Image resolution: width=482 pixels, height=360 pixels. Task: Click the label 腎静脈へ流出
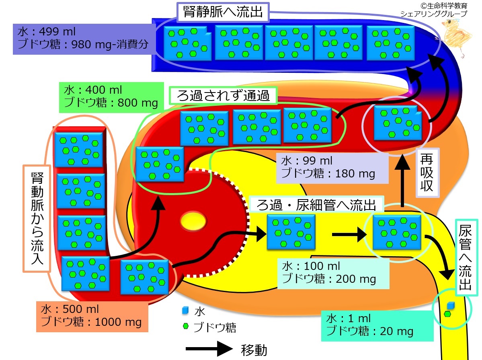click(223, 12)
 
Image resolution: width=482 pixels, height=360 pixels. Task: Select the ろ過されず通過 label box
click(223, 95)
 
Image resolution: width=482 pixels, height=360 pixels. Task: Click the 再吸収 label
click(428, 173)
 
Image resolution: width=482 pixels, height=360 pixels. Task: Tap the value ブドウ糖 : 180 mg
click(328, 173)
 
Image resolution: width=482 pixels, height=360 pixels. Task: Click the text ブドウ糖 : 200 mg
click(329, 278)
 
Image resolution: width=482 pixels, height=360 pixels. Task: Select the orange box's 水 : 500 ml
click(70, 310)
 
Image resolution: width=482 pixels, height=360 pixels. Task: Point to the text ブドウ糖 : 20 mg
click(370, 331)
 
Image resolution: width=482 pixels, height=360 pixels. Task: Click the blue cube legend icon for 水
click(185, 311)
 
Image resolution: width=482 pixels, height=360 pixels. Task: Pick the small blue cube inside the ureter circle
click(451, 305)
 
